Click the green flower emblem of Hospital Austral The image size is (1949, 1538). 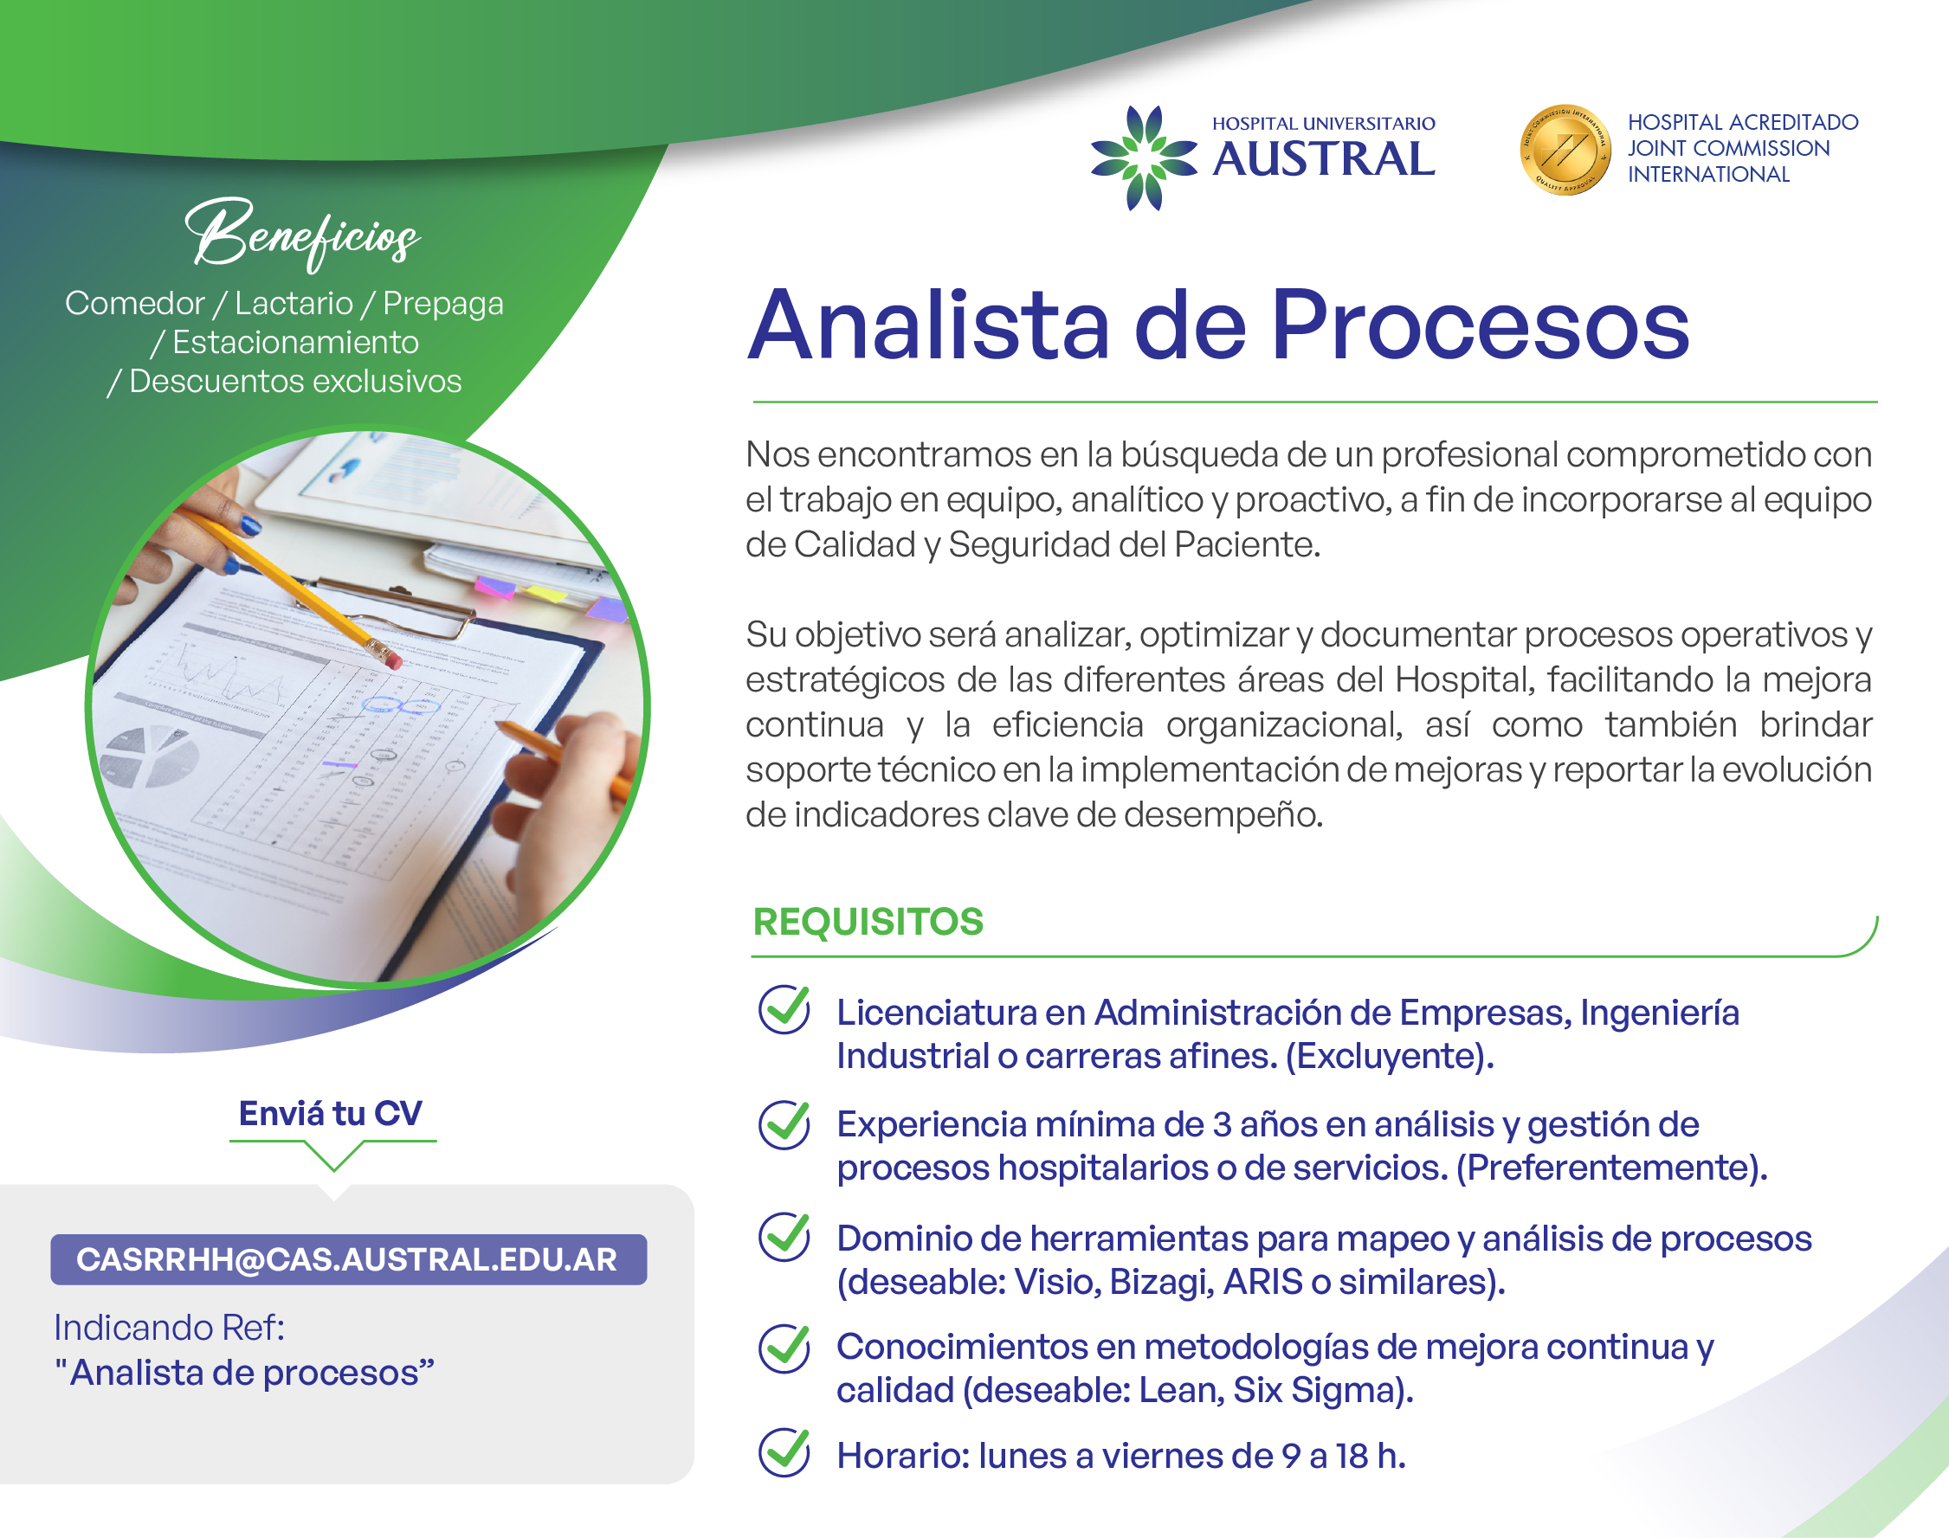pos(1144,158)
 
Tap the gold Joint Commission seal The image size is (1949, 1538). pos(1565,150)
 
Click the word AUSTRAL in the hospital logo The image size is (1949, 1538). pos(1323,158)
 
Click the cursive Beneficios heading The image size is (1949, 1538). pos(303,233)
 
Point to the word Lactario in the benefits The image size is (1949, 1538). pos(294,304)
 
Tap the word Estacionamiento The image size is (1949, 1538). pos(295,342)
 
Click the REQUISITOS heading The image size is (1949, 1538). pos(868,921)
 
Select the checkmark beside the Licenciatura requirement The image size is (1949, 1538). pos(784,1008)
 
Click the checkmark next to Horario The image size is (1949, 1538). pos(784,1451)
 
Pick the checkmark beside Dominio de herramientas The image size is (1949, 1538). pos(784,1236)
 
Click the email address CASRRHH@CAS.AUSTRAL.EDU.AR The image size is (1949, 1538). pos(348,1258)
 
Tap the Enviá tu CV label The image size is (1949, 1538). pos(331,1114)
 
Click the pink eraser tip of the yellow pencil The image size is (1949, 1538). pos(393,661)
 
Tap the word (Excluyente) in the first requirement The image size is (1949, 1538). pos(1390,1055)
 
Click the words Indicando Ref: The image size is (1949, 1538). pos(170,1328)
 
